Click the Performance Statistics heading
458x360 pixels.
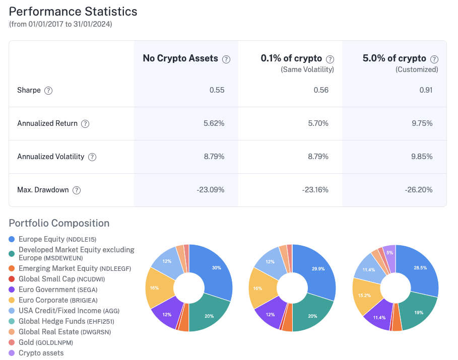pos(73,12)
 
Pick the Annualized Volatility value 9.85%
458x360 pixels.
pos(421,157)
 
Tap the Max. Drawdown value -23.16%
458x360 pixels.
pos(315,190)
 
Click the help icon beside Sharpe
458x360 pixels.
pos(48,91)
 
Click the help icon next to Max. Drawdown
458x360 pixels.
pos(77,190)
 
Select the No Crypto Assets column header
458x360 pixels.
pos(180,58)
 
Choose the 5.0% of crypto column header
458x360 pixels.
pos(395,58)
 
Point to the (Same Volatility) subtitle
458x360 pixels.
pos(307,69)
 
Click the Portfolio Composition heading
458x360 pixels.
pos(59,223)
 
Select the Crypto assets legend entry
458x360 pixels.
pos(41,353)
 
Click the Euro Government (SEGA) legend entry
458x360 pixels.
pos(58,290)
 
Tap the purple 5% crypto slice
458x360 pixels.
pos(389,252)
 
